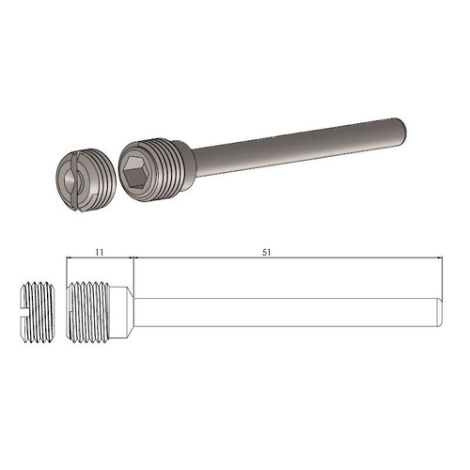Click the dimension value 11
point(101,253)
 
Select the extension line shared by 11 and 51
point(134,273)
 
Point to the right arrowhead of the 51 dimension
point(438,259)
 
